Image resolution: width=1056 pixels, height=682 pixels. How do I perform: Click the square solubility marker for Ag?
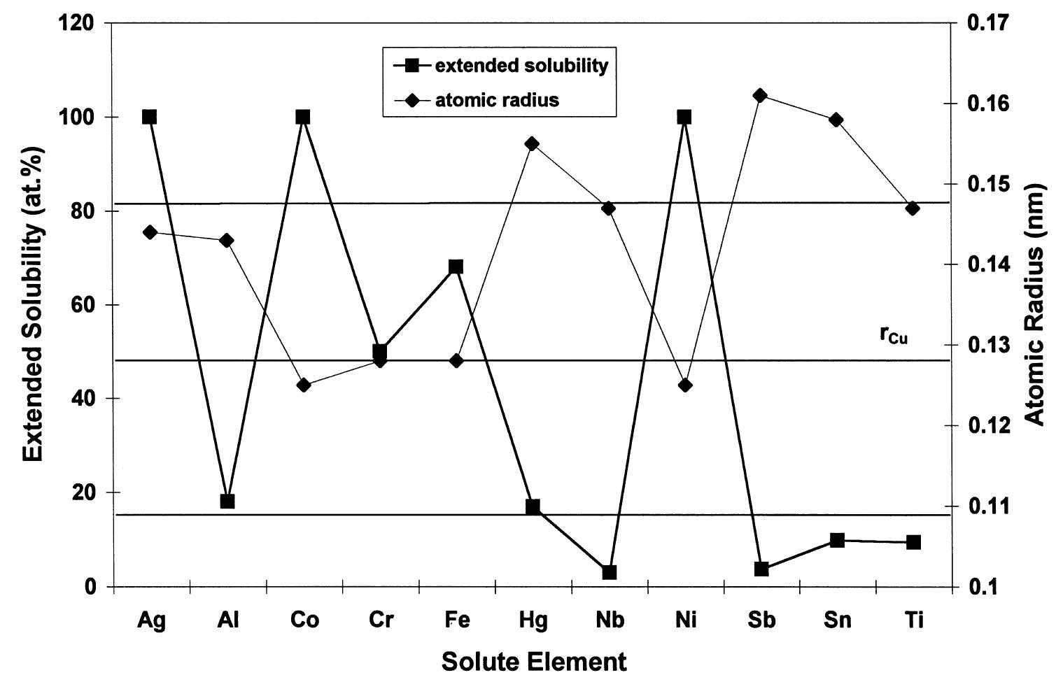pos(149,117)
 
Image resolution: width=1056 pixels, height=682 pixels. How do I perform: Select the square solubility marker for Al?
pos(227,502)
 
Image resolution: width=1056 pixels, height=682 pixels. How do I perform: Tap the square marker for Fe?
pos(456,267)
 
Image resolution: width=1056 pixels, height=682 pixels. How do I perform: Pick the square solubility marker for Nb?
pos(609,572)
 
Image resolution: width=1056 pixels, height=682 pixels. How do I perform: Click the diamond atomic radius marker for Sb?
pos(761,96)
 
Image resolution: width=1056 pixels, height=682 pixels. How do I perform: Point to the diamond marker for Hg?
pos(532,144)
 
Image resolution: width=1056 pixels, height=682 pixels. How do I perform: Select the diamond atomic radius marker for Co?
pos(303,385)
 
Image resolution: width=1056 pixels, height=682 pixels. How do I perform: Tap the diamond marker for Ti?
pos(913,208)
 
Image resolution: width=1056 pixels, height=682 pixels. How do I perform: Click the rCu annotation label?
pos(894,335)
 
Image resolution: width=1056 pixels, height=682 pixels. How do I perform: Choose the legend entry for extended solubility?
pos(521,66)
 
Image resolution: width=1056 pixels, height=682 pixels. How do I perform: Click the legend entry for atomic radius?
pos(497,100)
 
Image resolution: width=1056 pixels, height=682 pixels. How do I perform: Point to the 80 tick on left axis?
pos(80,211)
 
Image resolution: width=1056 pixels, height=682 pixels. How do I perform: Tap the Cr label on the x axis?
pos(381,620)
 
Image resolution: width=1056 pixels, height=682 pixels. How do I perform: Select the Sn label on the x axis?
pos(837,620)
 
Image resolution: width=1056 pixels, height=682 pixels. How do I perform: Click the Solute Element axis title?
pos(534,661)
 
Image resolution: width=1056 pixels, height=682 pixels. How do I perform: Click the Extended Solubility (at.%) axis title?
pos(31,304)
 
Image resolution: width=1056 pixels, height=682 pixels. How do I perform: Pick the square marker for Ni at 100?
pos(684,117)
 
